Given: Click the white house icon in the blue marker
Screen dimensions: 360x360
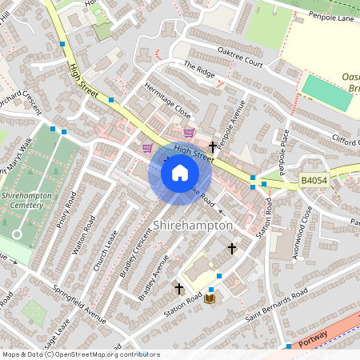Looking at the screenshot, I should click(180, 173).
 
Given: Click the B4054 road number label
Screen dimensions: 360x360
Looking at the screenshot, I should click(314, 182).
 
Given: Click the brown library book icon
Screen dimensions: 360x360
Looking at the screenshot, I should click(210, 298).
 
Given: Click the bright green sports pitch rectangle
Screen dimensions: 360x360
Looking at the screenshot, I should click(326, 93).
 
